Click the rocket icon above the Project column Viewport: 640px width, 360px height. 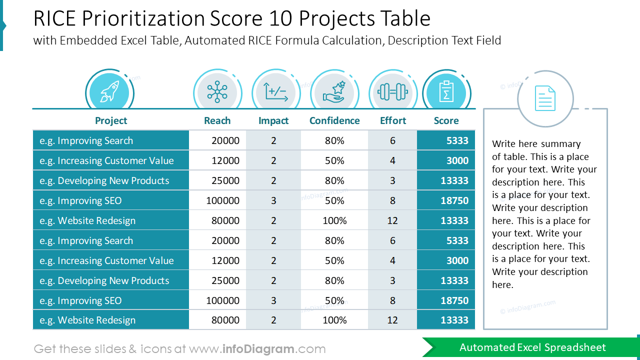[109, 92]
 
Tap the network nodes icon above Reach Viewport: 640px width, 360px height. [217, 92]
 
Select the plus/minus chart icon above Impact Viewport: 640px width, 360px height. [276, 92]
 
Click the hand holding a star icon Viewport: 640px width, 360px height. [334, 92]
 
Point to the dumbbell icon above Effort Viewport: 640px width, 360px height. [393, 92]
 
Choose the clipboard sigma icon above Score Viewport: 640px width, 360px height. [446, 92]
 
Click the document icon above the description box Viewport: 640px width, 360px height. [545, 98]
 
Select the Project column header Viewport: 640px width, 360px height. [111, 120]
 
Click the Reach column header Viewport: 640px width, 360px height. [217, 120]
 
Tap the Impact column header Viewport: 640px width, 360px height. [273, 120]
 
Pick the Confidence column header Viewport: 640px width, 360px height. [334, 120]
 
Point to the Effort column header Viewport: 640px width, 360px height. [393, 120]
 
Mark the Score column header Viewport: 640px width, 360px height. [446, 120]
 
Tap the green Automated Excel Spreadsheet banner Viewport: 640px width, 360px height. [532, 347]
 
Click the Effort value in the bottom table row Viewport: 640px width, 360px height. [392, 320]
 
